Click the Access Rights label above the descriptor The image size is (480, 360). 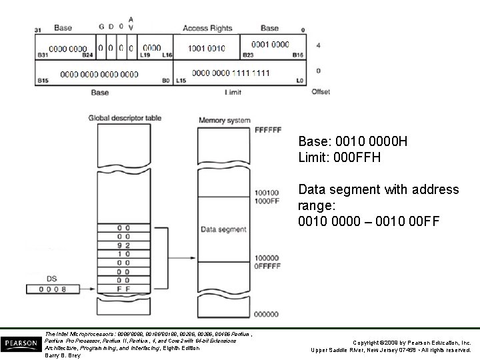point(207,28)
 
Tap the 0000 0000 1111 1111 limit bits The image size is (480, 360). point(231,73)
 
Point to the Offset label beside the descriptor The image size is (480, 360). point(321,91)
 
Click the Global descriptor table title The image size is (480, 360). point(125,118)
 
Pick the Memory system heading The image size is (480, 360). point(225,121)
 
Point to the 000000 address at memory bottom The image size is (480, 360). point(267,313)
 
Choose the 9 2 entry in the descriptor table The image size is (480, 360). point(123,245)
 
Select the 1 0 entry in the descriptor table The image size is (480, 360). point(123,254)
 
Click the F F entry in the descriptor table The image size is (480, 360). point(123,289)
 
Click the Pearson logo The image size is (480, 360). point(20,343)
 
